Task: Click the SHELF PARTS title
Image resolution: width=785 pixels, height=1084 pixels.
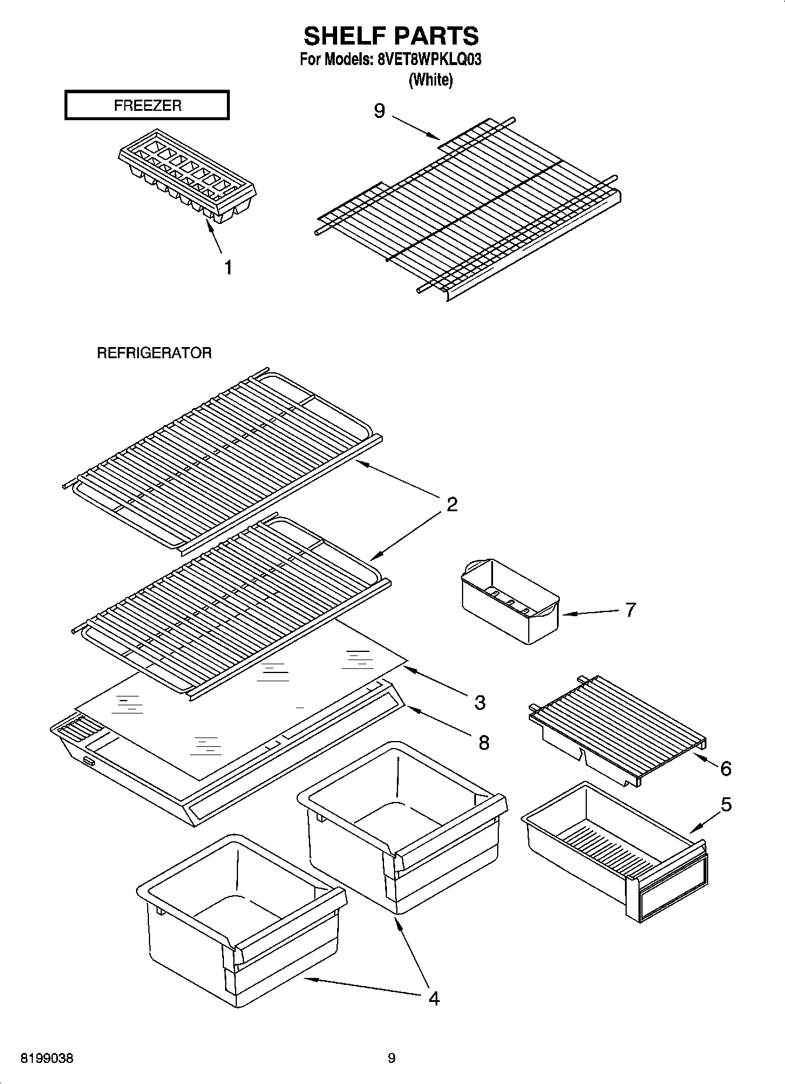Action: click(391, 36)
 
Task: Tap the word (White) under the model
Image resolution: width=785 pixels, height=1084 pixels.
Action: click(430, 80)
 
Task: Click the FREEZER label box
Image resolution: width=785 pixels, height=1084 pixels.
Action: click(147, 106)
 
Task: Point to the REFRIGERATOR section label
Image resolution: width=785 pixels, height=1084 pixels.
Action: click(154, 353)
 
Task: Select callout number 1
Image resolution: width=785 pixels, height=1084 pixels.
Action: click(228, 268)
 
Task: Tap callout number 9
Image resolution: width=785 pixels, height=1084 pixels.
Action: click(379, 110)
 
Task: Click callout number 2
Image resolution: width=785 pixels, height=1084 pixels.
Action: click(452, 504)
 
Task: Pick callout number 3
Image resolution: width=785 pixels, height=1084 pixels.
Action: click(480, 702)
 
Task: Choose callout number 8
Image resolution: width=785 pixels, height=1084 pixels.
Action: click(484, 743)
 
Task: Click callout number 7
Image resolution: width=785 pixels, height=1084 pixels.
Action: click(630, 610)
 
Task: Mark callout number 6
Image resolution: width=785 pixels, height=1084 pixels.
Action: click(726, 769)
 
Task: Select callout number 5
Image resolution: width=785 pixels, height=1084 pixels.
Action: click(726, 805)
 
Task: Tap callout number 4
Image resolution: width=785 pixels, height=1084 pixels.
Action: click(433, 998)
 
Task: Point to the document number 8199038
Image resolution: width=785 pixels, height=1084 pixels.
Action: click(47, 1059)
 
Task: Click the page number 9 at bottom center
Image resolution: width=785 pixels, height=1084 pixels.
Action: click(392, 1058)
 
